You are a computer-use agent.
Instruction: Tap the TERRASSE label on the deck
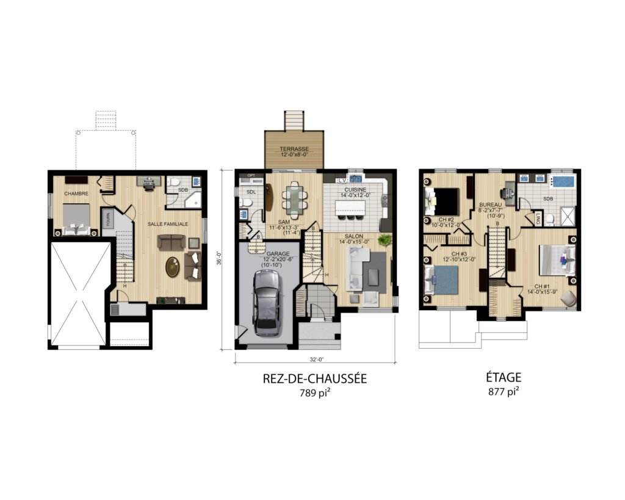click(x=294, y=149)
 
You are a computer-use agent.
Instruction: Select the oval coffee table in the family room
click(x=173, y=267)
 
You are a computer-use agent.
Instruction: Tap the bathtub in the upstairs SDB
click(x=562, y=181)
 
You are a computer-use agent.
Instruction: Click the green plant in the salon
click(x=385, y=240)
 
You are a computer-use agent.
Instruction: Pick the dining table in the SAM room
click(x=294, y=199)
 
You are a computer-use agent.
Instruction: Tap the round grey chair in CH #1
click(x=568, y=299)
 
